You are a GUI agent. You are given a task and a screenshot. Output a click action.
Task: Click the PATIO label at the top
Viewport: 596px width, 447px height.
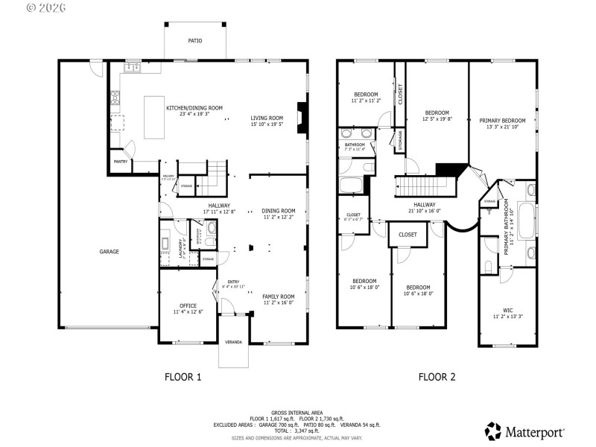(194, 41)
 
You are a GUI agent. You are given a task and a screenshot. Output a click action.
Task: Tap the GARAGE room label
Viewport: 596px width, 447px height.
(110, 252)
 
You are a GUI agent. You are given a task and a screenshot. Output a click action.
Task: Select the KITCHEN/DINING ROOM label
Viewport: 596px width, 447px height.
(194, 108)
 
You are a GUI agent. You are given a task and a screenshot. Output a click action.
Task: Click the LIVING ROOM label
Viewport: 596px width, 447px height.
(267, 118)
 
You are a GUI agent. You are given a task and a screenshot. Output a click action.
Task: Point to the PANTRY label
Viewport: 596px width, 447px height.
(119, 161)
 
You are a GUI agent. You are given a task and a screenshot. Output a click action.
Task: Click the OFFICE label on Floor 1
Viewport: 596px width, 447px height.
(188, 305)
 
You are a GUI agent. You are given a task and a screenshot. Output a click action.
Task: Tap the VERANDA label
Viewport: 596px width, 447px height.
(233, 342)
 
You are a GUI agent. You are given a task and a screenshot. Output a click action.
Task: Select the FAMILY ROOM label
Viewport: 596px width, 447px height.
(279, 297)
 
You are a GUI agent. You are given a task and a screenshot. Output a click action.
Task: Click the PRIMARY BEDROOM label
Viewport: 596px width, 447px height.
(502, 121)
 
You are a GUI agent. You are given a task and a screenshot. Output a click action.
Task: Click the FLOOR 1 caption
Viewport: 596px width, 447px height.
(183, 377)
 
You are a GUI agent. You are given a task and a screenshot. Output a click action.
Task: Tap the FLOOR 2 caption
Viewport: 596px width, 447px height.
(437, 377)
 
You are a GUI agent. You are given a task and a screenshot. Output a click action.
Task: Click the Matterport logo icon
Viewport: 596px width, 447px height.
(493, 431)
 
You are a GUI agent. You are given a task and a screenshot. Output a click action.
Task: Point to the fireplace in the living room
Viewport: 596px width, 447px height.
(301, 117)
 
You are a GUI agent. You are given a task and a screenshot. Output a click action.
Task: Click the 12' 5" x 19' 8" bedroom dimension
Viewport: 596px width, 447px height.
(437, 119)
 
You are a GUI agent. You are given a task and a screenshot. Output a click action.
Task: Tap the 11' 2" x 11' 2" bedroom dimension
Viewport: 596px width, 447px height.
(366, 101)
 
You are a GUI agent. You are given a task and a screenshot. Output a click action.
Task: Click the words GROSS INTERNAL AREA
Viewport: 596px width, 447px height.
(297, 412)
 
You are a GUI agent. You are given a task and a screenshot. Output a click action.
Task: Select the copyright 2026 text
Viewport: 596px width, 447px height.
(46, 7)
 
